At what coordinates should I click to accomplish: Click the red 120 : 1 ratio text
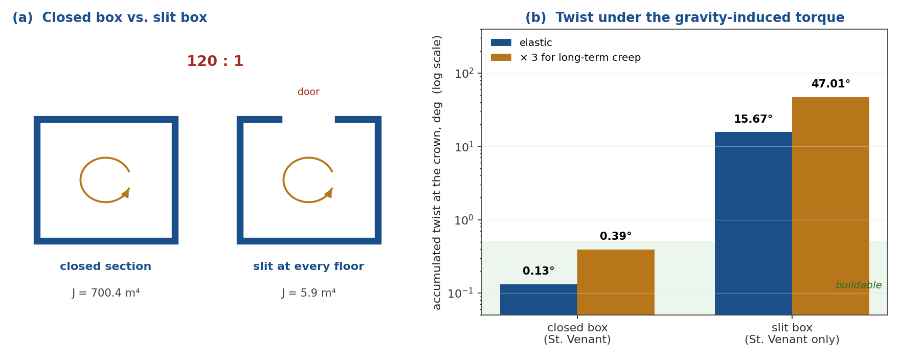point(215,62)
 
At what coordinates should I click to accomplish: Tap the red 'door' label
point(308,92)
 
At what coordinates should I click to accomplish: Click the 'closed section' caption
point(106,267)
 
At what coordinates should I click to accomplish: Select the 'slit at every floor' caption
point(308,267)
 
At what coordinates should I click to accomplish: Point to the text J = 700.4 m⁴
point(106,293)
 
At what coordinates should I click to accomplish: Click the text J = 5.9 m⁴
point(308,293)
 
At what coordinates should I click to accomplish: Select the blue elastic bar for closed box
point(538,300)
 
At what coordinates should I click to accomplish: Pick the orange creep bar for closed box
point(616,282)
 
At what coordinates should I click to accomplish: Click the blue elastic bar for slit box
point(753,223)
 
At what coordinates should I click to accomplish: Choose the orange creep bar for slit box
point(830,206)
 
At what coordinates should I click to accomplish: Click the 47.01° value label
point(830,84)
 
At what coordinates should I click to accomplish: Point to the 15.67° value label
point(753,119)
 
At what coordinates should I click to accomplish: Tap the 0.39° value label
point(616,236)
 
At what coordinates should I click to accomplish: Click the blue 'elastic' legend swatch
point(501,43)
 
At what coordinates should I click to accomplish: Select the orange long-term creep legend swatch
point(501,58)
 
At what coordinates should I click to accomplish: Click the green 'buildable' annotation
point(859,285)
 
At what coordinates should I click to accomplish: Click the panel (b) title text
point(685,18)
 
